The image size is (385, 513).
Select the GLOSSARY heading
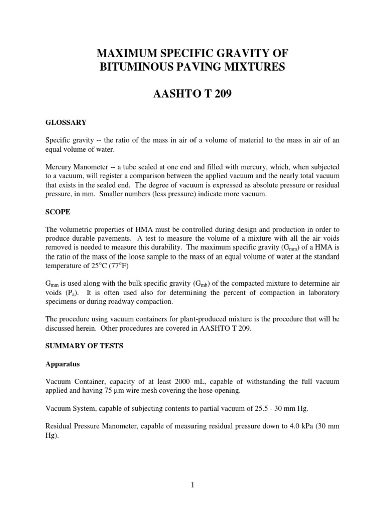(x=66, y=122)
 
